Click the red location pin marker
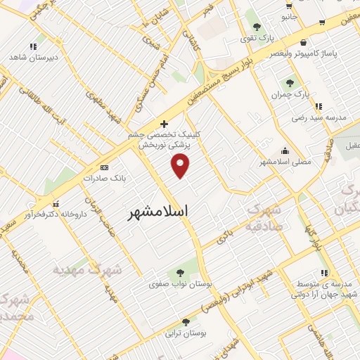[181, 165]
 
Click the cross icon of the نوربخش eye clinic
[165, 123]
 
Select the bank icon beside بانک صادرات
[104, 167]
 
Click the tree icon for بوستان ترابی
[186, 321]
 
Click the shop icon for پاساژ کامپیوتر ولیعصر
[302, 42]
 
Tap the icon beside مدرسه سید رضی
[319, 107]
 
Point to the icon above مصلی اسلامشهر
[284, 150]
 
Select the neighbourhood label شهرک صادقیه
[263, 217]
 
